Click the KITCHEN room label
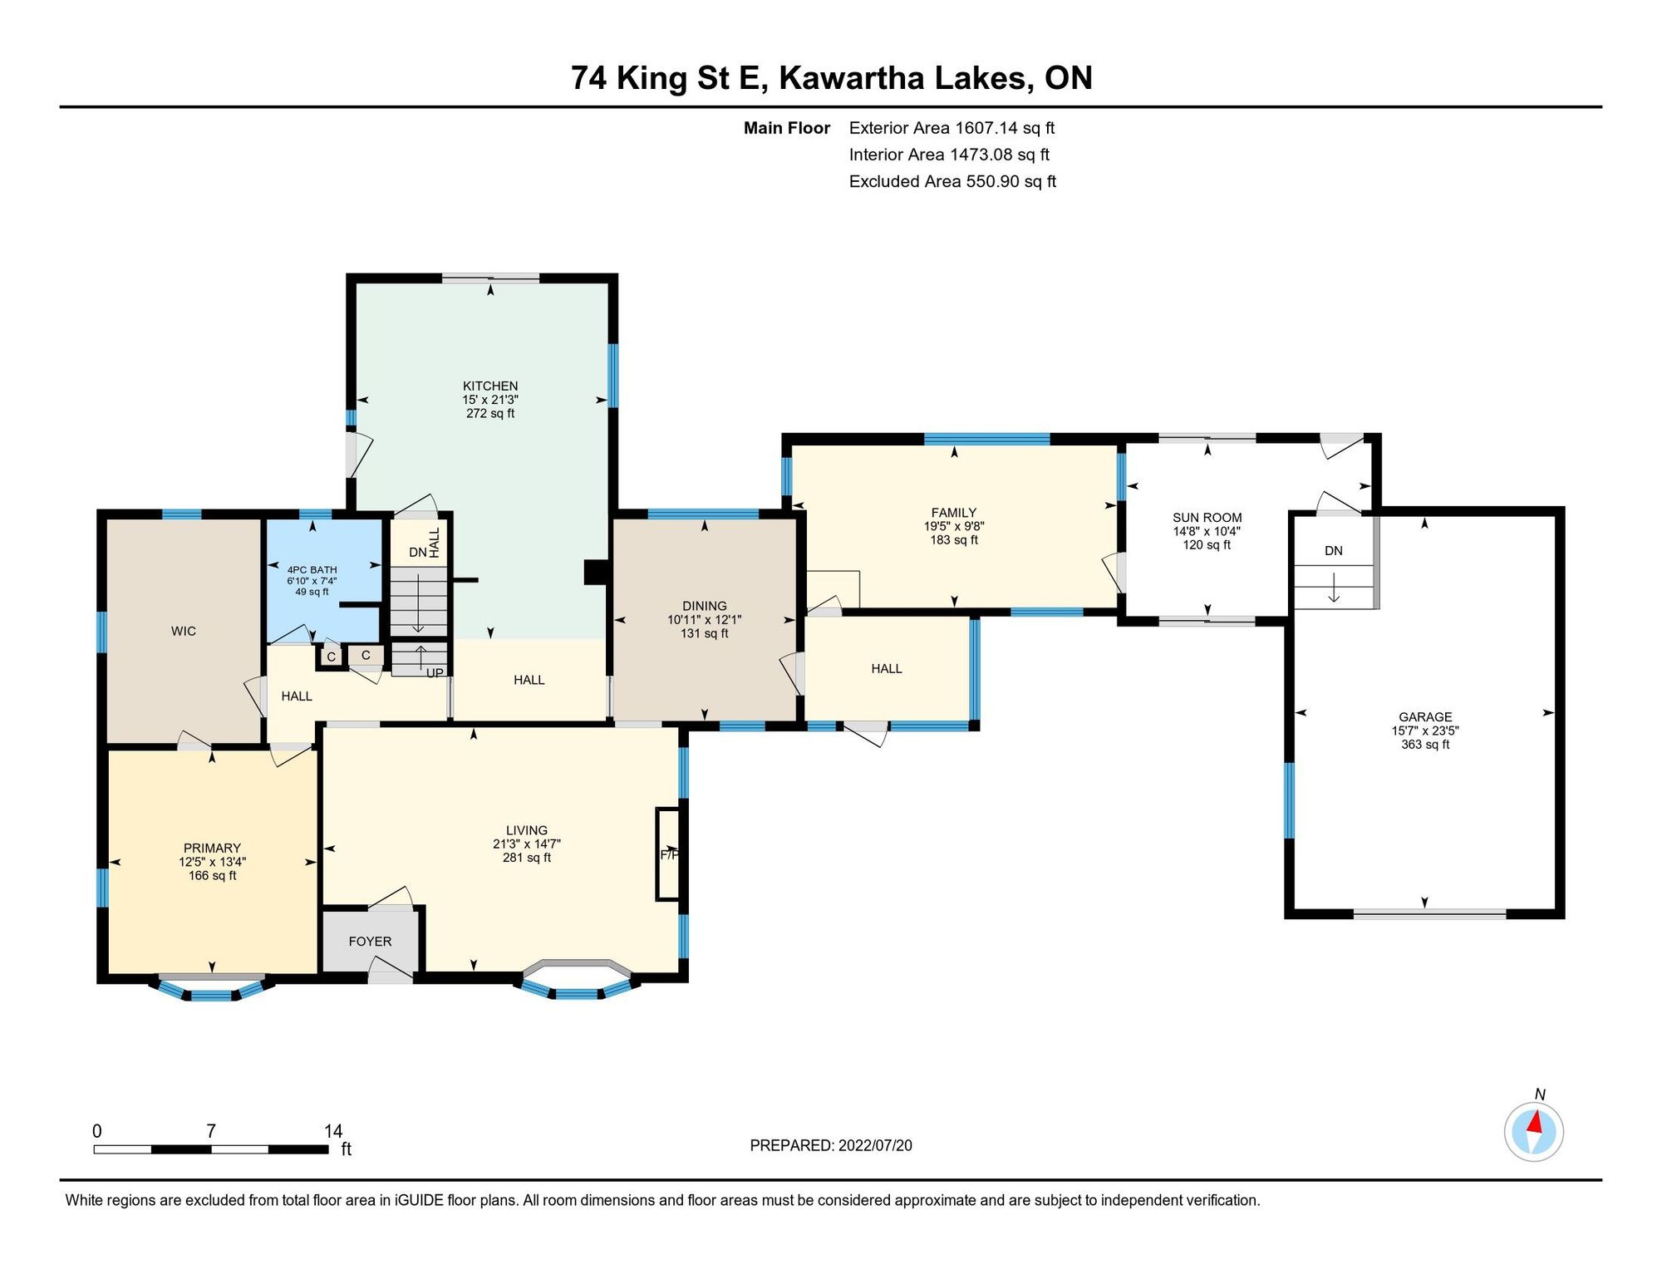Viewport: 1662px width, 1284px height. pos(490,386)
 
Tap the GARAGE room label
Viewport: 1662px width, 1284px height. pos(1425,716)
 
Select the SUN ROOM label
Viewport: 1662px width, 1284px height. pos(1207,517)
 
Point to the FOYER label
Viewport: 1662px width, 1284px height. pos(370,941)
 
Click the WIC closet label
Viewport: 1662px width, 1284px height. pos(184,631)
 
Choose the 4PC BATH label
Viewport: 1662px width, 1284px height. pos(312,570)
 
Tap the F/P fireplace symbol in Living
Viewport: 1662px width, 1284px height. pos(669,854)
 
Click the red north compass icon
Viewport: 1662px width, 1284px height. pos(1534,1131)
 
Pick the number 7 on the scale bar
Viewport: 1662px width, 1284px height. pos(211,1131)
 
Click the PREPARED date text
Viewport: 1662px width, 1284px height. pos(831,1145)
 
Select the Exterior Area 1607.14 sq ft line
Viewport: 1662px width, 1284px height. pos(951,128)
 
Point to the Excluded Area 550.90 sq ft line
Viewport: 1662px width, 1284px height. pos(952,181)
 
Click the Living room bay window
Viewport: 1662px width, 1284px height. pos(578,981)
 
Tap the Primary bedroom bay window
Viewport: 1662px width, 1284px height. pos(212,988)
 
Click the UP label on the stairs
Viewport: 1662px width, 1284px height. pos(435,672)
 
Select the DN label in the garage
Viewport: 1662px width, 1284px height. pos(1334,551)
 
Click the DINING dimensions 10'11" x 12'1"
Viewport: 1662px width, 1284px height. pos(704,620)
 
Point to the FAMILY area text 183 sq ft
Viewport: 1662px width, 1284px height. pos(954,540)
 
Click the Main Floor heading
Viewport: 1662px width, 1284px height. pos(787,128)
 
